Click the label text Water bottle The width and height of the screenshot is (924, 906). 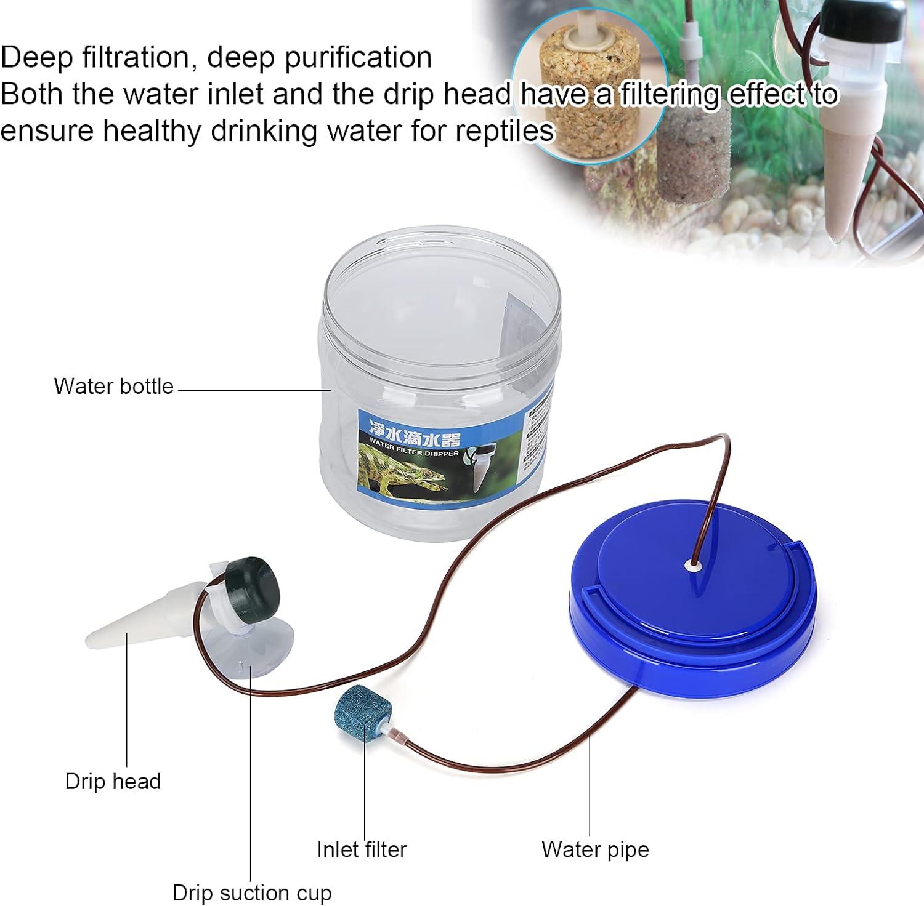[114, 387]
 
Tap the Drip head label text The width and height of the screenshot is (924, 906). [113, 781]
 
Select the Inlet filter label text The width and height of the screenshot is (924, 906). [362, 849]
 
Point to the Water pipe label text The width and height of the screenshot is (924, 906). [595, 849]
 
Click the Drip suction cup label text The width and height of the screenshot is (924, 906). [251, 892]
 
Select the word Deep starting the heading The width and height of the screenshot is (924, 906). [36, 57]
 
